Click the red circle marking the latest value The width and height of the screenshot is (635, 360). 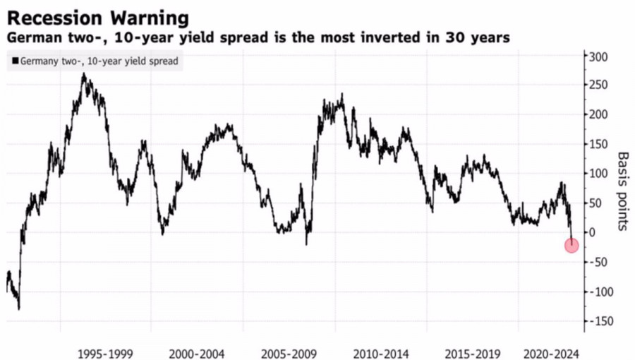coord(571,245)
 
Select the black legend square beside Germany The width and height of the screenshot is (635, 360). coord(14,61)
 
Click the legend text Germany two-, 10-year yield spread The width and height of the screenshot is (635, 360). coord(99,61)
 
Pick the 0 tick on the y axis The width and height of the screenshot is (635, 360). coord(595,232)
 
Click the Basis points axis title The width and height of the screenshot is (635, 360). coord(622,191)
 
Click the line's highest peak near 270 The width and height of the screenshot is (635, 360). coord(84,73)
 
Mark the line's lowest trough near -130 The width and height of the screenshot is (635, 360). coord(18,308)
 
